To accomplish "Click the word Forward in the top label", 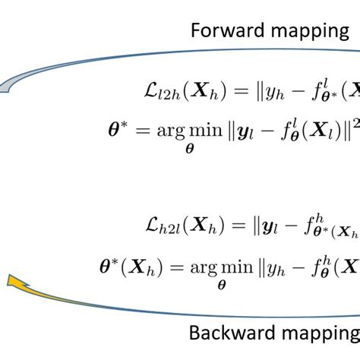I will pyautogui.click(x=220, y=31).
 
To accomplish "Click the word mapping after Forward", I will pyautogui.click(x=304, y=33).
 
